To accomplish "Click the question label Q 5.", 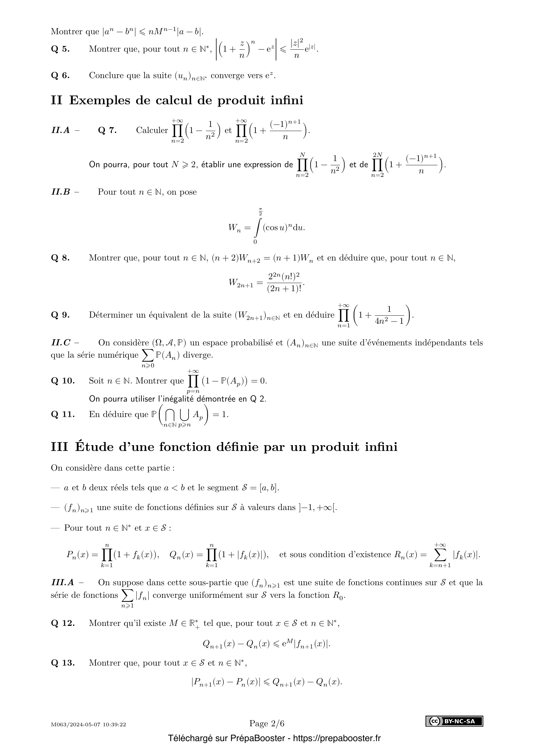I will [x=60, y=49].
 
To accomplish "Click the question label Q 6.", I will [x=60, y=76].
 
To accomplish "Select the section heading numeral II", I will [x=56, y=100].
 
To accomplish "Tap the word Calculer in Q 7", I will [x=152, y=130].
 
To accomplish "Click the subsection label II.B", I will [x=61, y=192].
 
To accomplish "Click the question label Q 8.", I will [x=60, y=258].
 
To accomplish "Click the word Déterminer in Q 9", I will [x=112, y=315].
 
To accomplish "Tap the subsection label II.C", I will [x=61, y=343].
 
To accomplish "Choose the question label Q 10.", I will [x=63, y=381].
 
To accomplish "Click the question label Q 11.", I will [x=63, y=414].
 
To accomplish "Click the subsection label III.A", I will [x=63, y=582].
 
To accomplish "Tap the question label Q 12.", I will [x=63, y=623].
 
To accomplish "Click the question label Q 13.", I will [x=63, y=663].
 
